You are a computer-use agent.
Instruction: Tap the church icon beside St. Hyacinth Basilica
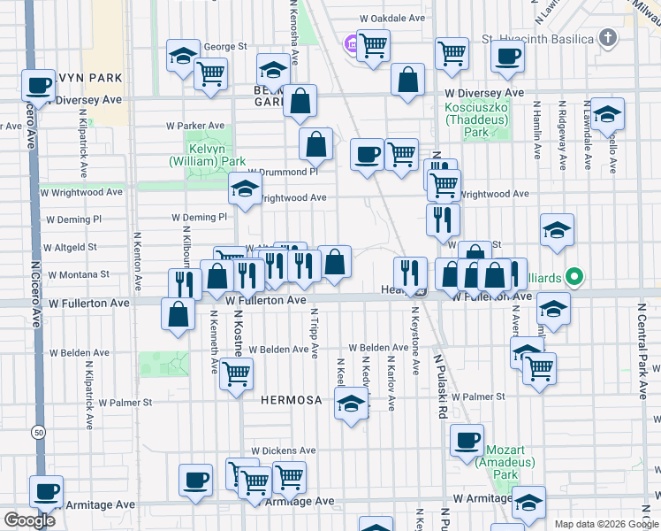coord(607,38)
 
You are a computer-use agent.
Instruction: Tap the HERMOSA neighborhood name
coord(292,400)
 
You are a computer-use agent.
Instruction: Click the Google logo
coord(29,520)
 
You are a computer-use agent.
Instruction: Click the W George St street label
coord(219,47)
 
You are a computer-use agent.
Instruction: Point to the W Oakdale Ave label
coord(394,18)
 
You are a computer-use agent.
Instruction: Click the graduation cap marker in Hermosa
coord(352,404)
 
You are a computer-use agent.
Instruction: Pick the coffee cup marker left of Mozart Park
coord(467,439)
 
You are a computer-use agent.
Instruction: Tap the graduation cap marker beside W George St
coord(183,55)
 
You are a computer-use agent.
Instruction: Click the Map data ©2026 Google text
coord(606,523)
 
